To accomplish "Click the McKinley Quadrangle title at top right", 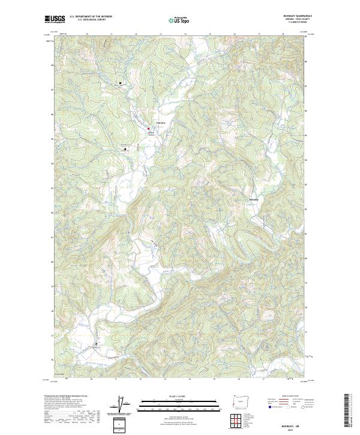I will coord(293,16).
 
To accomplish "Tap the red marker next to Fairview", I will coord(149,127).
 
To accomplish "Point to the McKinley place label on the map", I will coord(254,200).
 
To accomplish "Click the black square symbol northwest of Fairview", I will coord(120,83).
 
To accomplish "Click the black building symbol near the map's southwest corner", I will coord(95,344).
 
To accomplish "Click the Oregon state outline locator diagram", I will coord(238,400).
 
